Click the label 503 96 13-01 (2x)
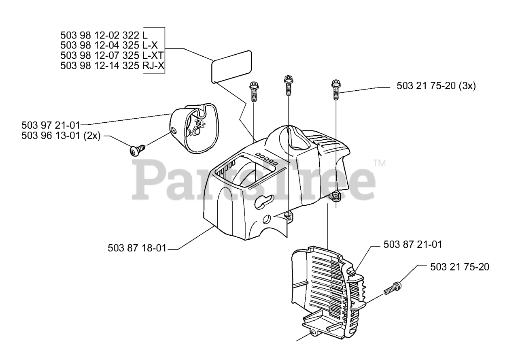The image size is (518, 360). [61, 136]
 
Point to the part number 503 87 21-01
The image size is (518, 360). [413, 245]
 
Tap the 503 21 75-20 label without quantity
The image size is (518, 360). [460, 267]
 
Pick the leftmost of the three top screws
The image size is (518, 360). [254, 91]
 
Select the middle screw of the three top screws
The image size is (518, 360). [288, 85]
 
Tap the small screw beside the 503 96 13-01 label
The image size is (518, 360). [134, 150]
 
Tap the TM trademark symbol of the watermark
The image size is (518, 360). [380, 164]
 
